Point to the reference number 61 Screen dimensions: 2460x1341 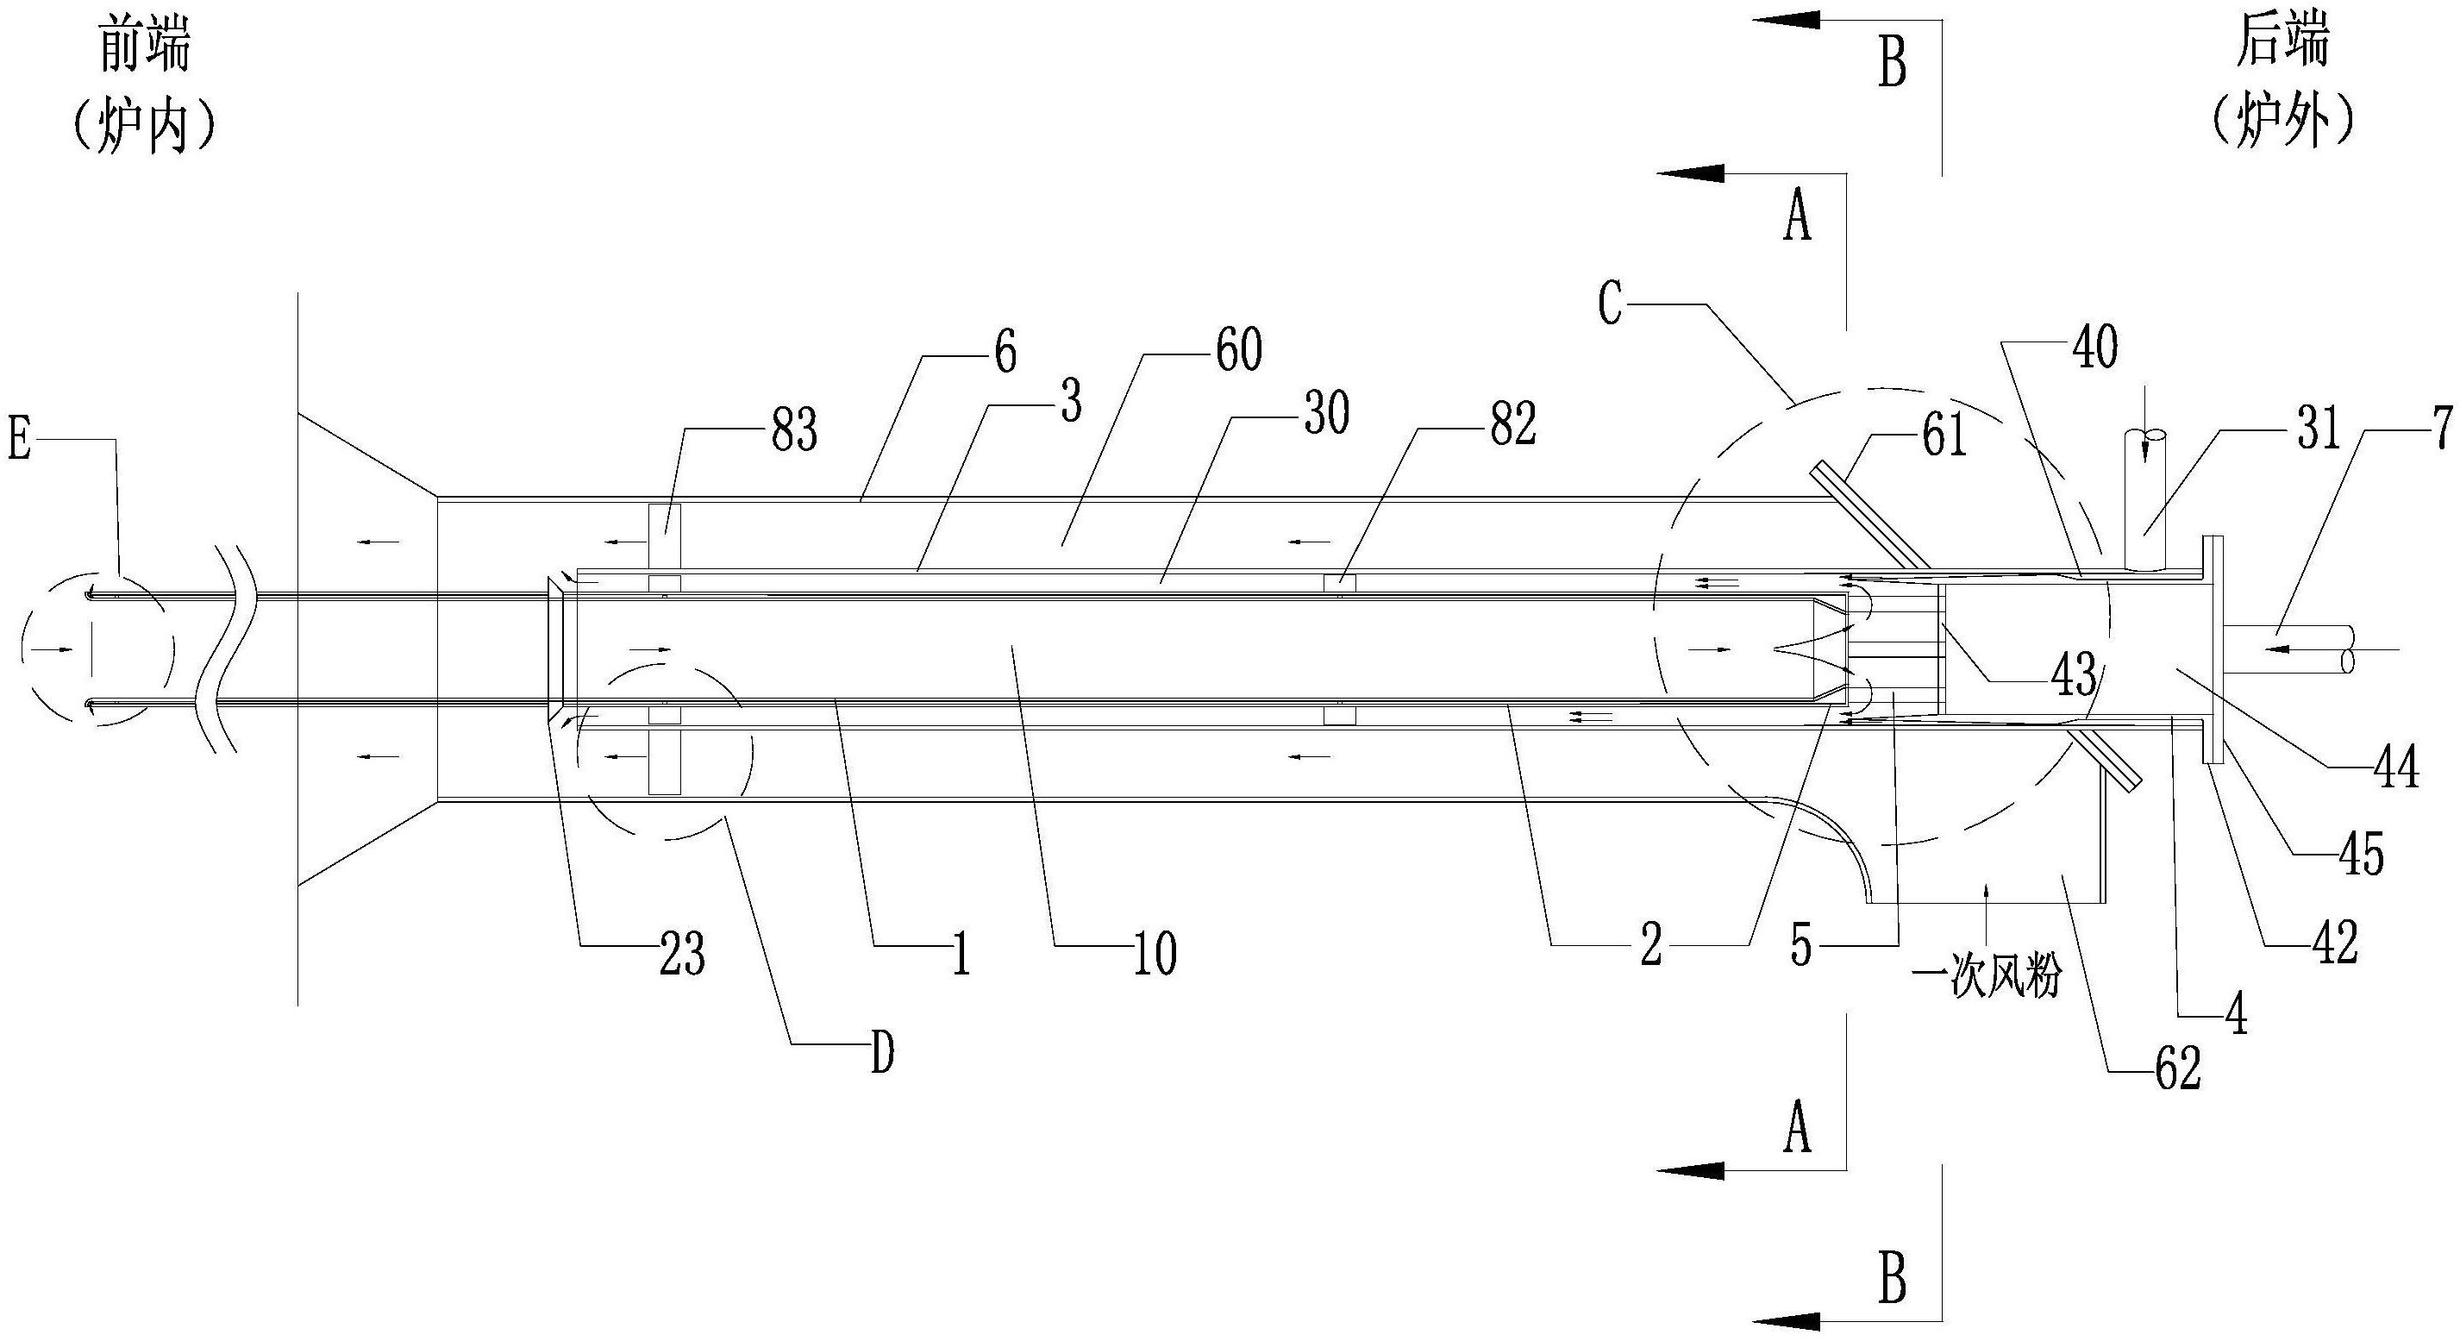(1944, 436)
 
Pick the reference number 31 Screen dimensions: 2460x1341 (2316, 429)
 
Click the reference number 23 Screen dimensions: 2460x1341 (682, 956)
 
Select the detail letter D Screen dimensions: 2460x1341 (882, 1055)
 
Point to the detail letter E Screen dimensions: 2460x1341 (19, 443)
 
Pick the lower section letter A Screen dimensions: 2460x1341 (1797, 1127)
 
